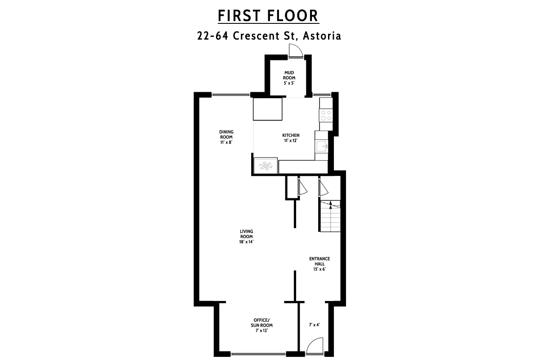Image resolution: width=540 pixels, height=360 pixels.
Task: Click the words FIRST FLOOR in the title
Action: [268, 15]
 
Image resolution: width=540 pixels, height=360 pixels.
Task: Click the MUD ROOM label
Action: [289, 75]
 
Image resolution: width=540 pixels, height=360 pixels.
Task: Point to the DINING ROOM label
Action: [226, 135]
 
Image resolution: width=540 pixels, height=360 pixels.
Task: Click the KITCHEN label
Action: [291, 135]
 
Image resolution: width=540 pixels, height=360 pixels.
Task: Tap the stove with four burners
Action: [326, 116]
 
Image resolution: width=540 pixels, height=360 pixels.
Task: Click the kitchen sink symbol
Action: [322, 146]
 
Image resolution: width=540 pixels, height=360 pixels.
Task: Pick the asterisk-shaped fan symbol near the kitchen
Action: [265, 166]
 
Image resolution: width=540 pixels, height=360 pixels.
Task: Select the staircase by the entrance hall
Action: [330, 216]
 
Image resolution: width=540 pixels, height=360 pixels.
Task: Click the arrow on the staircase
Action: [331, 205]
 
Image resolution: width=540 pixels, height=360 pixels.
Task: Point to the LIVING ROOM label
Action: [246, 234]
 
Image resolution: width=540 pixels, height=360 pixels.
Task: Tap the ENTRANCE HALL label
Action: [319, 261]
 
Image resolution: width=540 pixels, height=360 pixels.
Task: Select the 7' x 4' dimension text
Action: [314, 324]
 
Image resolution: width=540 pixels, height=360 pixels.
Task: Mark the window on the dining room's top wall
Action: [231, 94]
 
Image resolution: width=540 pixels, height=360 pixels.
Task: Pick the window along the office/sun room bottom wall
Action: [258, 354]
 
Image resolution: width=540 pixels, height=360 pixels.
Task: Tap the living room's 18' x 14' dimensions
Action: [246, 242]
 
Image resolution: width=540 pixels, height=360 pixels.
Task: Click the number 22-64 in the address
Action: [214, 36]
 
